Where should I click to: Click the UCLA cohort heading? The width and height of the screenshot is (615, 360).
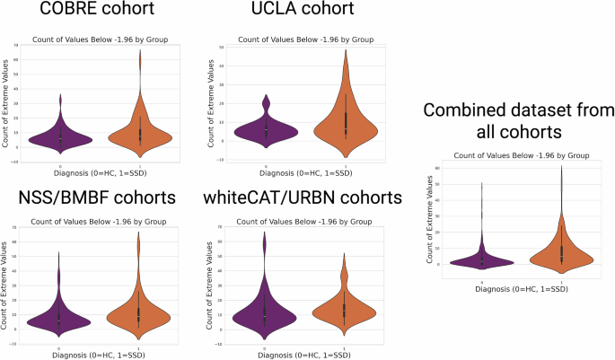(x=298, y=13)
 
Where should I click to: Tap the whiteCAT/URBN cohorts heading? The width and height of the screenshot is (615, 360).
(x=301, y=197)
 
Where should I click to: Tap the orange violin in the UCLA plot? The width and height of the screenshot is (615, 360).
(x=345, y=126)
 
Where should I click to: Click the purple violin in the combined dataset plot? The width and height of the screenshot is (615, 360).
(x=482, y=261)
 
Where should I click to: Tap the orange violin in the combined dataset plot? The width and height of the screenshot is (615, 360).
(x=560, y=257)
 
